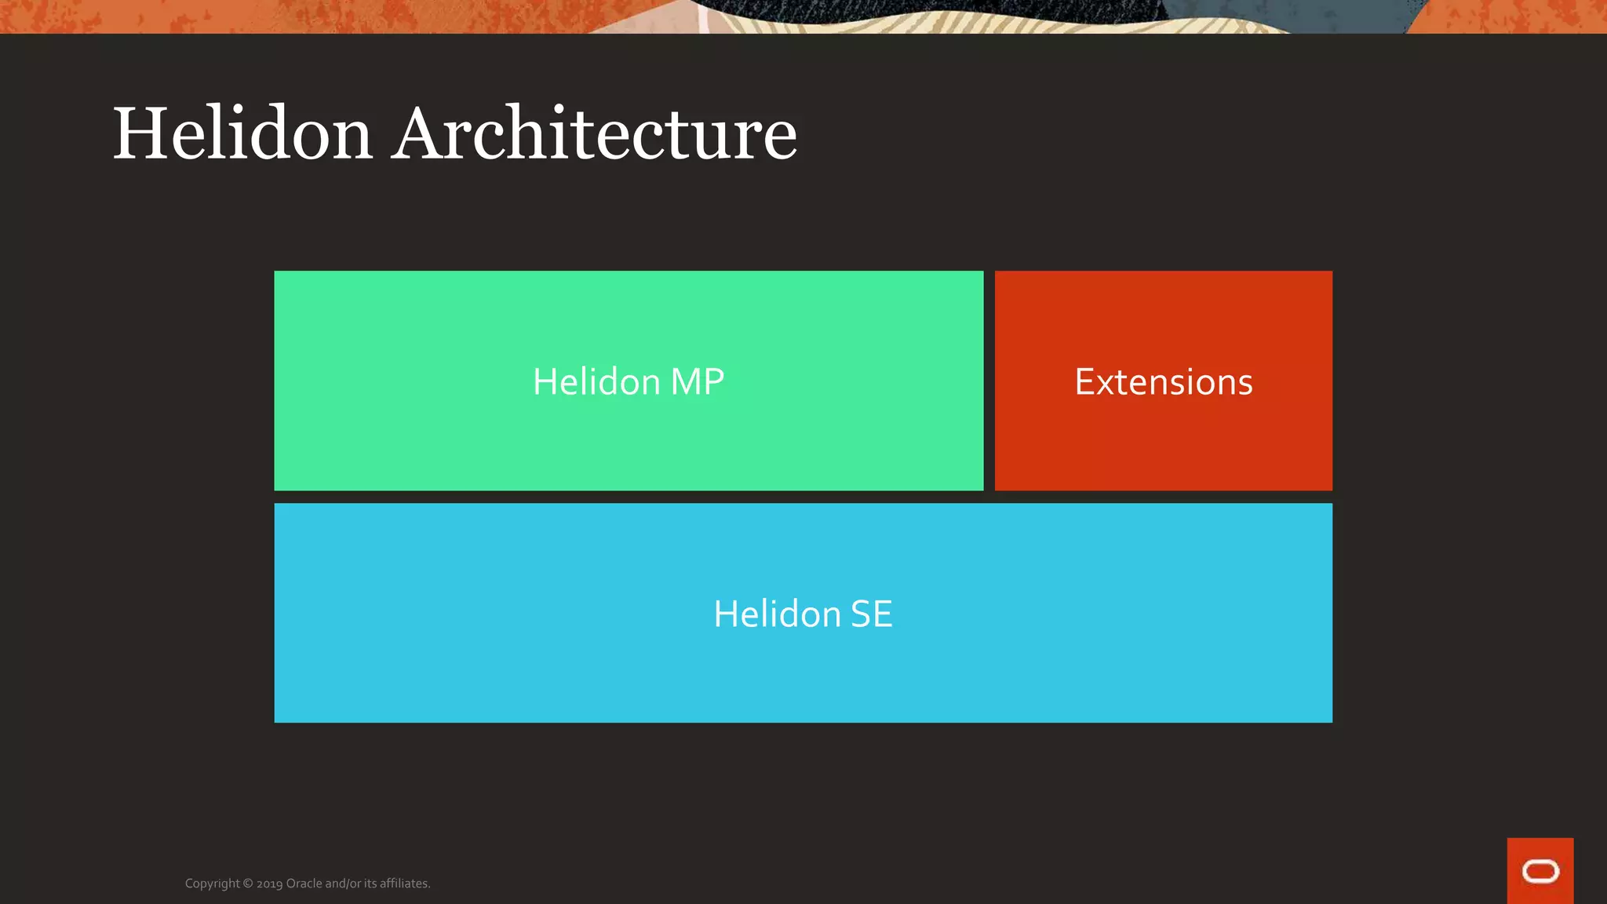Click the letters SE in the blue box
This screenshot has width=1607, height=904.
(871, 614)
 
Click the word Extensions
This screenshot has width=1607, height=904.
(1163, 382)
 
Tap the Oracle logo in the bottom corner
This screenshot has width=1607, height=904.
(1540, 871)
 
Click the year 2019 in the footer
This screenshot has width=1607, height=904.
(269, 884)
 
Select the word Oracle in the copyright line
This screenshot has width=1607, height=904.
(304, 884)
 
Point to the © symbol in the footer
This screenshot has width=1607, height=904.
(248, 884)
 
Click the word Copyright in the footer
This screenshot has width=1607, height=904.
(212, 884)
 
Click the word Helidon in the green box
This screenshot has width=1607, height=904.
(596, 382)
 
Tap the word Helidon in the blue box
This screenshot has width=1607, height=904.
(777, 614)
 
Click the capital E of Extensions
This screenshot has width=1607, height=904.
(1085, 382)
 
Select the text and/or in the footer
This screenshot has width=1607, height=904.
(343, 884)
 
